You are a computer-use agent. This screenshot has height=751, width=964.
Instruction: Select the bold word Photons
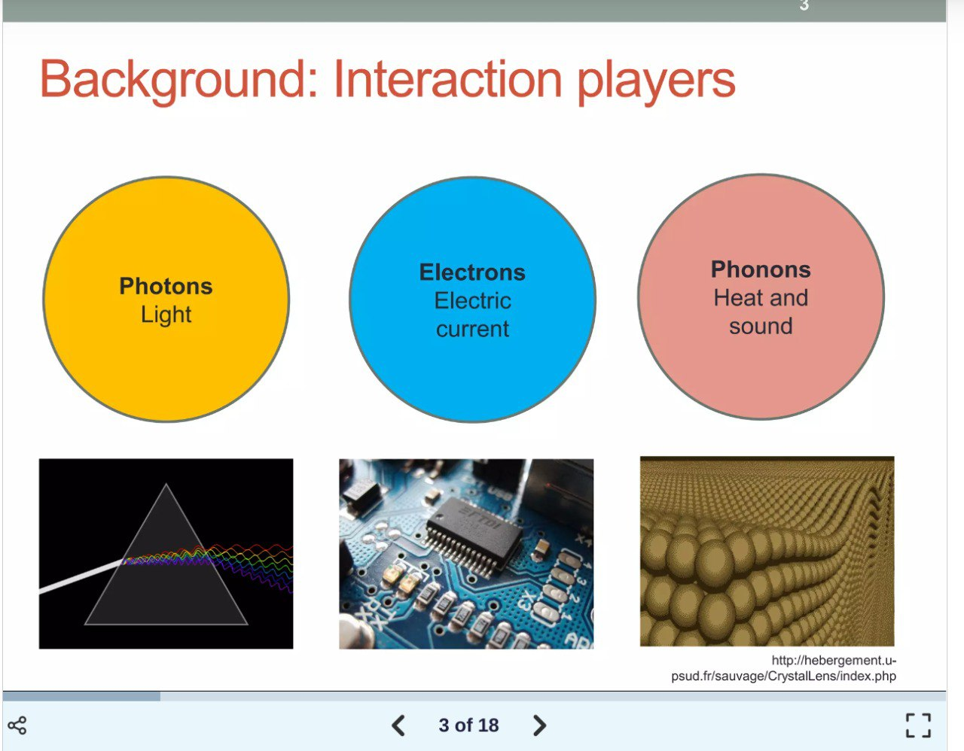tap(166, 286)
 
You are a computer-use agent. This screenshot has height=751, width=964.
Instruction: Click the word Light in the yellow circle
tap(166, 315)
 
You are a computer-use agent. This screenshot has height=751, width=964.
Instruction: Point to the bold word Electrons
tap(472, 272)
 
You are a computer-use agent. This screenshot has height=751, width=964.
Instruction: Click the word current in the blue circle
tap(472, 329)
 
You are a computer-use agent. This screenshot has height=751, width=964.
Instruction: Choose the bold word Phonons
tap(761, 269)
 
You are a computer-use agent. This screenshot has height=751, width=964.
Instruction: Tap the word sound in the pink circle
tap(761, 326)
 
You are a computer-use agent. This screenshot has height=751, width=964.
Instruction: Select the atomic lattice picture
tap(767, 551)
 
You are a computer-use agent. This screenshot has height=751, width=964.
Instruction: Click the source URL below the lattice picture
tap(784, 668)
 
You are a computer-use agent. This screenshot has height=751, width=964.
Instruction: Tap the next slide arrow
tap(539, 725)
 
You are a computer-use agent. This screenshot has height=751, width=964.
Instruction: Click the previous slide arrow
tap(398, 725)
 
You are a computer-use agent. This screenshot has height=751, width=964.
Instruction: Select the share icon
tap(17, 725)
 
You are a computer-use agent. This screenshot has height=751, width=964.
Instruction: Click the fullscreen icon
tap(918, 725)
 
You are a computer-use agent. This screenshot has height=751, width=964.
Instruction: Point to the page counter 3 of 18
tap(468, 725)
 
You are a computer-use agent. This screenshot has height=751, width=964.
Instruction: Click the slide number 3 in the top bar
tap(804, 6)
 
